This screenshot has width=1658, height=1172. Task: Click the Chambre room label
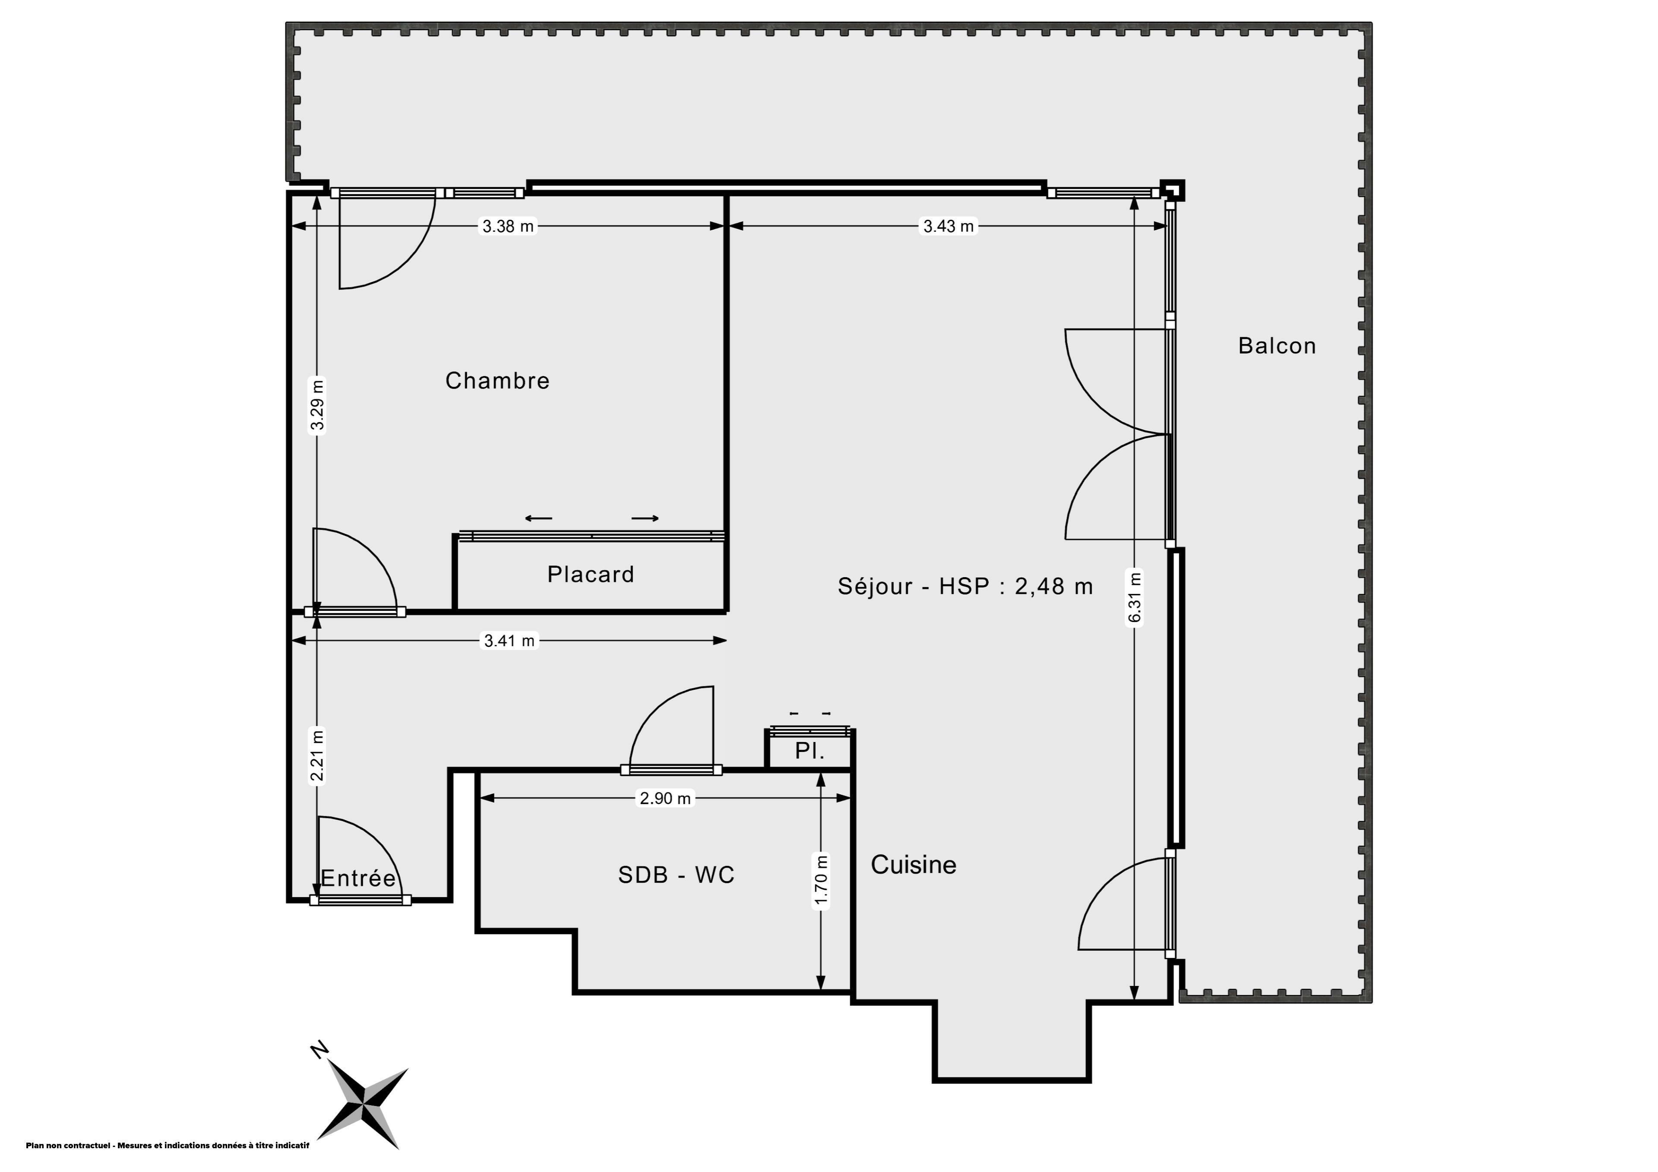[x=497, y=381]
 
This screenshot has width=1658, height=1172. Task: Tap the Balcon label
[x=1277, y=346]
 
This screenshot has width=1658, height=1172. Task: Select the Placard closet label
[x=591, y=574]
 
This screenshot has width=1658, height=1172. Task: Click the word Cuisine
[x=914, y=864]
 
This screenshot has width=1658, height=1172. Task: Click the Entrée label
[x=358, y=878]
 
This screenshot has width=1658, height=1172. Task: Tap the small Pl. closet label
[x=810, y=751]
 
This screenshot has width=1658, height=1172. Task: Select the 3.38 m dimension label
[x=508, y=226]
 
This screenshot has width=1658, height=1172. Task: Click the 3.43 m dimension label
[x=949, y=226]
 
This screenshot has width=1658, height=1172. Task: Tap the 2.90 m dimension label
[x=665, y=798]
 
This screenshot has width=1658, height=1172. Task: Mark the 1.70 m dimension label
[x=821, y=880]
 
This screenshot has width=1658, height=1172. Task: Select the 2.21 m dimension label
[x=317, y=756]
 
